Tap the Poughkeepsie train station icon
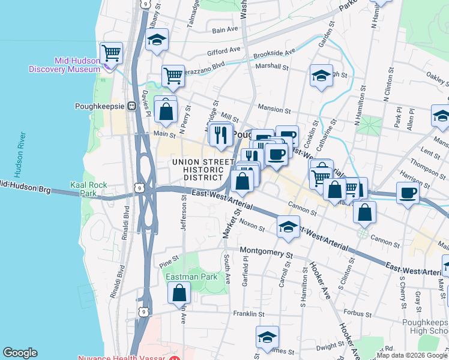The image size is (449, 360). (130, 106)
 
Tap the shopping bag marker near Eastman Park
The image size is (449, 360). (179, 293)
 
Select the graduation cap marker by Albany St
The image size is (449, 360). (157, 41)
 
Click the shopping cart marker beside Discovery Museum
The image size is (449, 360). (112, 53)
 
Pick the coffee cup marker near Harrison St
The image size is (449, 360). (408, 194)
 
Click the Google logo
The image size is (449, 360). (20, 353)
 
